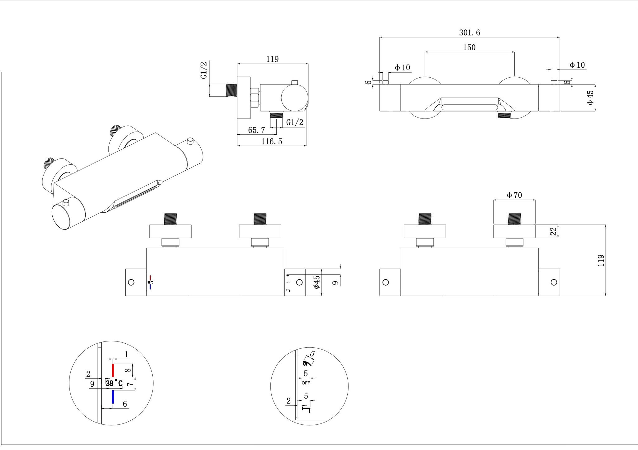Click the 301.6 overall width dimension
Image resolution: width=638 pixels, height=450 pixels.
click(x=469, y=33)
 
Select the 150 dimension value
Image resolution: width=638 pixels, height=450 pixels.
click(x=469, y=47)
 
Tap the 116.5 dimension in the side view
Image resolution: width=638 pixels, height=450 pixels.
click(x=272, y=142)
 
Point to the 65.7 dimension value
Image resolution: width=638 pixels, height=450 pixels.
click(x=256, y=130)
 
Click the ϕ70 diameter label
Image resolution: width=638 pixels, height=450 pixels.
click(x=514, y=196)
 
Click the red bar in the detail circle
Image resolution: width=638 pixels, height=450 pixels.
click(x=113, y=370)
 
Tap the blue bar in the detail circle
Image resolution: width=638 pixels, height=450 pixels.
click(x=113, y=397)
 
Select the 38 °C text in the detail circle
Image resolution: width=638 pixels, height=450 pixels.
click(x=114, y=383)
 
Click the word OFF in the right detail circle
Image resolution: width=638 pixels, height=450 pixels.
click(x=306, y=383)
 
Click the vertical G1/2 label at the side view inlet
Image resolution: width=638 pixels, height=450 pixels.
click(x=204, y=70)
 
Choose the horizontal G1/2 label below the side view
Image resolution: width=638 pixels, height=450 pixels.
click(x=294, y=123)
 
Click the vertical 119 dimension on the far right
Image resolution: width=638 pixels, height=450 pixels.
click(x=601, y=260)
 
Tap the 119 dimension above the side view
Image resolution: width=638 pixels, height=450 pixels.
click(x=272, y=59)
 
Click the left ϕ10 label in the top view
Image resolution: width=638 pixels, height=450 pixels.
click(x=402, y=67)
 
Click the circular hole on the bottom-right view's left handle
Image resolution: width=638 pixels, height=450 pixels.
click(x=385, y=282)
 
